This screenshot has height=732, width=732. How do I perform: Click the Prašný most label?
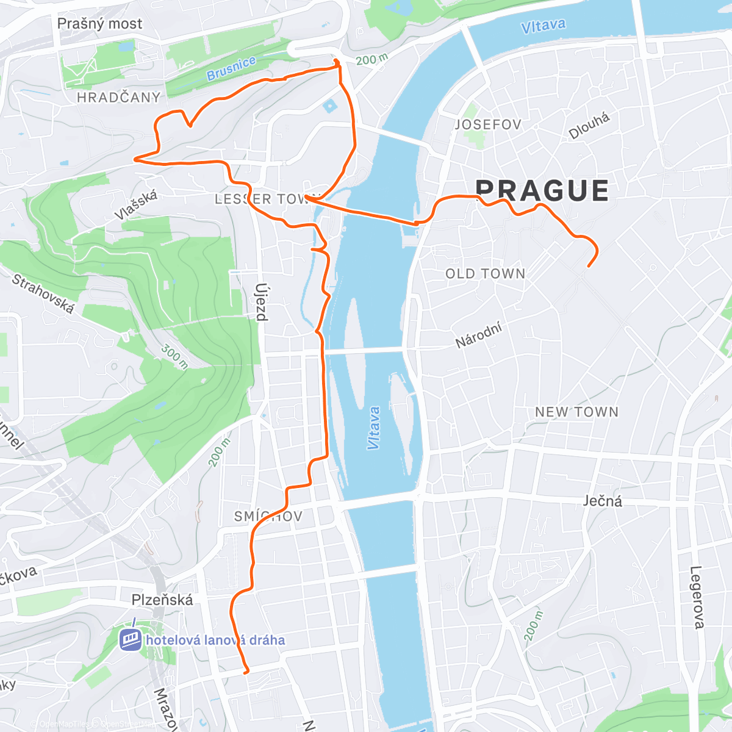(x=99, y=24)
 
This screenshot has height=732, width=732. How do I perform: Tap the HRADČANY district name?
(x=118, y=97)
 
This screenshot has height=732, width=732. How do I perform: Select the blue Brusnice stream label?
(x=231, y=69)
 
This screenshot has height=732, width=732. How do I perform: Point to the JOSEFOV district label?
(x=488, y=124)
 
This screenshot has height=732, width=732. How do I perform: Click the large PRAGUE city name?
(x=542, y=191)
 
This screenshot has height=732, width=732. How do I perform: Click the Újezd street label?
(x=261, y=301)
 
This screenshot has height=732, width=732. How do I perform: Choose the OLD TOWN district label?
(x=486, y=274)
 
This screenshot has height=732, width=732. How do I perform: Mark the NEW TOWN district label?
(x=576, y=412)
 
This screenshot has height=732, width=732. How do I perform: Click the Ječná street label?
(x=602, y=501)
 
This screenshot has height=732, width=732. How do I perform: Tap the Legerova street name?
(x=697, y=597)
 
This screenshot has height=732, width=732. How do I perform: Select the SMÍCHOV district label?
(x=268, y=517)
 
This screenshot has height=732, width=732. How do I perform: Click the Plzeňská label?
(x=162, y=600)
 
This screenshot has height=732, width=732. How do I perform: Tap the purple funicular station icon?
(x=131, y=639)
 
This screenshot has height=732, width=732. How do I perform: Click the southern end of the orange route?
(x=246, y=672)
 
